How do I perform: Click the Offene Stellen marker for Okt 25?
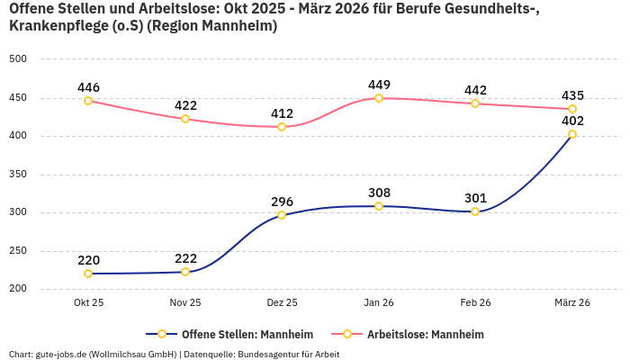point(88,274)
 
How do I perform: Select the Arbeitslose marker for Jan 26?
point(379,98)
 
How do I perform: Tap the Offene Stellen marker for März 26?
point(572,134)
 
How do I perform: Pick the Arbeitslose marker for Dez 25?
point(282,127)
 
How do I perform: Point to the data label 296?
point(282,201)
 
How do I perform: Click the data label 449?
point(379,85)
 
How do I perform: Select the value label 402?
point(572,120)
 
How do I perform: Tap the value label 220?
point(88,260)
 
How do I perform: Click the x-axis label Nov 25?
point(185,303)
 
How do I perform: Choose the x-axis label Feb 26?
point(475,303)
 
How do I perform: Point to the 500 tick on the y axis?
point(18,59)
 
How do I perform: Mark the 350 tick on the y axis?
point(18,175)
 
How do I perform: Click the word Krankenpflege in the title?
point(55,26)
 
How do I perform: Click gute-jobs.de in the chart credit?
point(60,354)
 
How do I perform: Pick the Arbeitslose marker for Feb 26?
point(475,103)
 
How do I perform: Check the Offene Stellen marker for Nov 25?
point(185,272)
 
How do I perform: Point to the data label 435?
point(572,95)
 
